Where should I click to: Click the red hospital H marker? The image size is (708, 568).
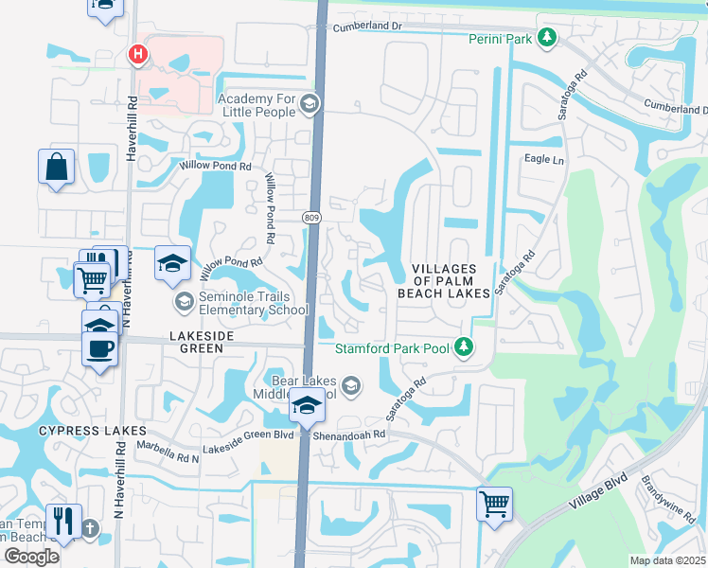pyautogui.click(x=138, y=55)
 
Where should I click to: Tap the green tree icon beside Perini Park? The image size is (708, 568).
pyautogui.click(x=546, y=38)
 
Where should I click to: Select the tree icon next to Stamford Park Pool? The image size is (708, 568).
pyautogui.click(x=463, y=347)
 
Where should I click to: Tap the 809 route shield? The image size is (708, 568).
pyautogui.click(x=311, y=218)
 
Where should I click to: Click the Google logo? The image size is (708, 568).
pyautogui.click(x=31, y=556)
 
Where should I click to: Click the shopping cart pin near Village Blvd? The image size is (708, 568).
pyautogui.click(x=494, y=503)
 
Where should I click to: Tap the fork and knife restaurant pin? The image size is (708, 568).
pyautogui.click(x=63, y=522)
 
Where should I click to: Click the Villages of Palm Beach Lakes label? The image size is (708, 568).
pyautogui.click(x=451, y=281)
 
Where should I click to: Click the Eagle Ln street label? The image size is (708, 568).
pyautogui.click(x=543, y=160)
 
